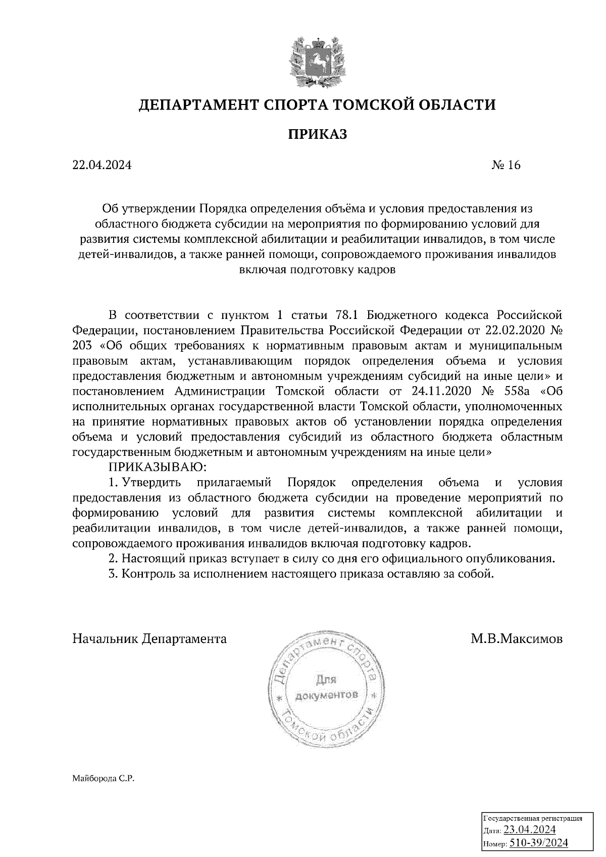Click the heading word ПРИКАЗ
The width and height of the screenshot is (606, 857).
[x=318, y=135]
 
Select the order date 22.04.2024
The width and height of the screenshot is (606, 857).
[x=102, y=166]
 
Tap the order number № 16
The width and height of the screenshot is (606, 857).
[x=506, y=166]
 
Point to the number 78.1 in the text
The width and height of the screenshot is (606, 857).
[x=346, y=315]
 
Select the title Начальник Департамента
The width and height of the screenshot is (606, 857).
[x=149, y=639]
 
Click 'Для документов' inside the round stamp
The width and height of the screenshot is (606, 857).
[x=326, y=687]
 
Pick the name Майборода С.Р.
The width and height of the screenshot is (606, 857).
[x=104, y=779]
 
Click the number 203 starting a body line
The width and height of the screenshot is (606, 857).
[x=82, y=346]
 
